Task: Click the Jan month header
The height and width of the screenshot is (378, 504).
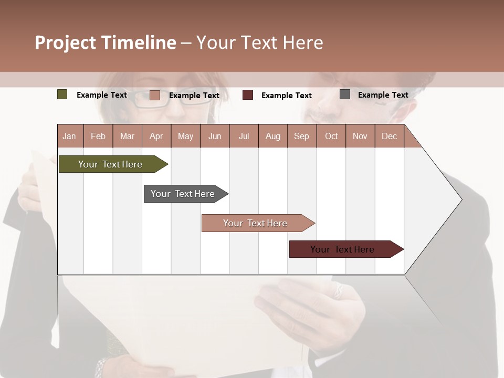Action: [70, 136]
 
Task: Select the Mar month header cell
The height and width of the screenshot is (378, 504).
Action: [127, 136]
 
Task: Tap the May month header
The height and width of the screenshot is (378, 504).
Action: [185, 136]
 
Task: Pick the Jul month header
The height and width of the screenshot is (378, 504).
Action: [244, 136]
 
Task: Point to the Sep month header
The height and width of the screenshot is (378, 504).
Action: [301, 136]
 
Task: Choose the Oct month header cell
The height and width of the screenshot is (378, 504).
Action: [331, 136]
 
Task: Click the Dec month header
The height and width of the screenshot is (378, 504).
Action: [389, 136]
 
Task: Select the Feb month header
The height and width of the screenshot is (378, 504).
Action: [98, 136]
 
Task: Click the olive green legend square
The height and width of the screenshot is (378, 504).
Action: [62, 94]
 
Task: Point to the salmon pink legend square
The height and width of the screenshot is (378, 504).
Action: [155, 95]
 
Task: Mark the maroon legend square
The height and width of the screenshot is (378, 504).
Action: [248, 95]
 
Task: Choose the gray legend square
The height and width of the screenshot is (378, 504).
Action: [345, 94]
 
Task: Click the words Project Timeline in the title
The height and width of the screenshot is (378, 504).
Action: [106, 43]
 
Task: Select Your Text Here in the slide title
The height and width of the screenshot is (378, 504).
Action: [259, 43]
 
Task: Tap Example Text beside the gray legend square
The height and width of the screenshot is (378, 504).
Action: [383, 95]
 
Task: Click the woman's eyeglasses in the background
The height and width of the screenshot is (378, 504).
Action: [157, 100]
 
